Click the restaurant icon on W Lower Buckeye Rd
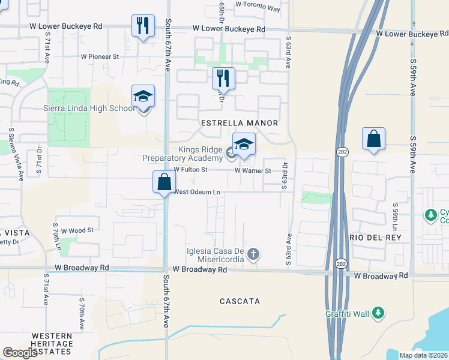click(x=143, y=26)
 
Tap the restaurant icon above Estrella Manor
click(x=223, y=78)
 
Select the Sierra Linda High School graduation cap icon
click(x=143, y=96)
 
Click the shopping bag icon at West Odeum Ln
click(x=164, y=181)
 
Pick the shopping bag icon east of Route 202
click(x=373, y=139)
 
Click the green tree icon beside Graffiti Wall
click(x=378, y=313)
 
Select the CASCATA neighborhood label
click(x=240, y=301)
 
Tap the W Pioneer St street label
click(x=100, y=56)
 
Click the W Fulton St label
click(x=190, y=170)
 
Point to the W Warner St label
click(x=253, y=170)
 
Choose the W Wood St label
click(x=74, y=230)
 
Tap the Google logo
click(x=20, y=353)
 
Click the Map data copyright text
click(x=423, y=355)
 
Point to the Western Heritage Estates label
click(x=52, y=340)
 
